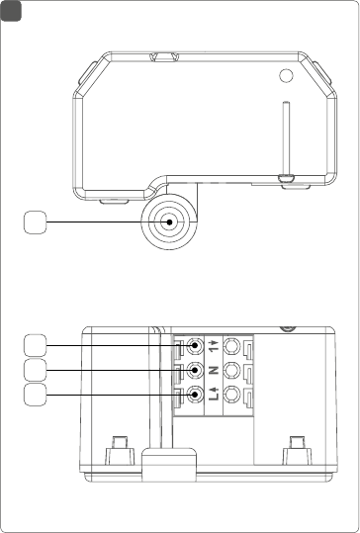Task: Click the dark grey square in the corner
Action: [x=11, y=11]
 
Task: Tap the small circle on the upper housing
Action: [x=286, y=75]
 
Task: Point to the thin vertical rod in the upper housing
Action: [x=286, y=139]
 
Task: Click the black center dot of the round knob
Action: [x=169, y=222]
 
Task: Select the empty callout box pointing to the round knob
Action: [x=36, y=222]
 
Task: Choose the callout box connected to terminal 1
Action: [x=36, y=346]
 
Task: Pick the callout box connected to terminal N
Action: [x=36, y=370]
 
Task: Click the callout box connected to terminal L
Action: [x=36, y=395]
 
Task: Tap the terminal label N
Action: [x=214, y=370]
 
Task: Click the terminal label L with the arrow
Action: [x=214, y=395]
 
